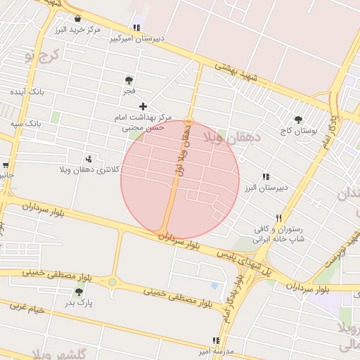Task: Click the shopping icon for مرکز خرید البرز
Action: tap(77, 18)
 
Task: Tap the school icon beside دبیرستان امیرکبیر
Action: tap(136, 27)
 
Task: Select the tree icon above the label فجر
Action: tap(128, 80)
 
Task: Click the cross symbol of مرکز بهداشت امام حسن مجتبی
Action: tap(143, 105)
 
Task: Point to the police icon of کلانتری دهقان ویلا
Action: tap(88, 159)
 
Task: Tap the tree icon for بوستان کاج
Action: tap(298, 120)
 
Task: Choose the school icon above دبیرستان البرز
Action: tap(265, 176)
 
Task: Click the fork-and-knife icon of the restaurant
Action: tap(279, 218)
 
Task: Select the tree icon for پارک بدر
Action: tap(79, 292)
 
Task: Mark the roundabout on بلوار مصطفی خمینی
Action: tap(112, 283)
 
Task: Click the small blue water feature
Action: tap(214, 286)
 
